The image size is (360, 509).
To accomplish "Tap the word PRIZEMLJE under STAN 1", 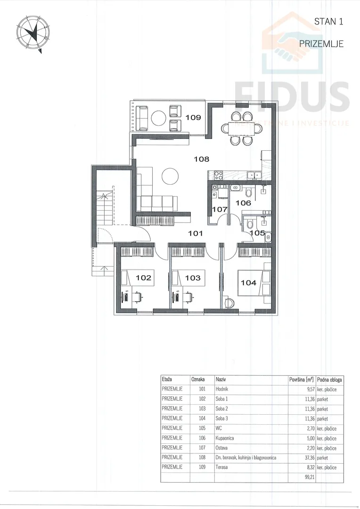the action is [x=321, y=44].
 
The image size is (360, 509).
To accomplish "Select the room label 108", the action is [x=202, y=159].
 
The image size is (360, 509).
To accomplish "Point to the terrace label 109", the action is [x=194, y=117].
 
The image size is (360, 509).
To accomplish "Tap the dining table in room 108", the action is [x=242, y=127].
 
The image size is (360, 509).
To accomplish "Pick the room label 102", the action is [x=143, y=278].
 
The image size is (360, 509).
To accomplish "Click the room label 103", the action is [x=193, y=278].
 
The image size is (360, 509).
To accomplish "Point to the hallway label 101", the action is [x=196, y=233].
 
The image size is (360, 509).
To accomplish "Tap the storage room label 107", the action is [x=220, y=209].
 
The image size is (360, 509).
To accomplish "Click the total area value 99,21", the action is [x=310, y=477].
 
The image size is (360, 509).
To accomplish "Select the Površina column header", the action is [x=301, y=379].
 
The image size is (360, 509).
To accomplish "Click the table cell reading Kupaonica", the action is [x=225, y=438].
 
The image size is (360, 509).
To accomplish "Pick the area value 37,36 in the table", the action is [x=310, y=458].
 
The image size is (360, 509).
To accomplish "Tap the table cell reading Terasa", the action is [x=221, y=468].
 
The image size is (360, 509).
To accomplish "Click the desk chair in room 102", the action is [x=138, y=296].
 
